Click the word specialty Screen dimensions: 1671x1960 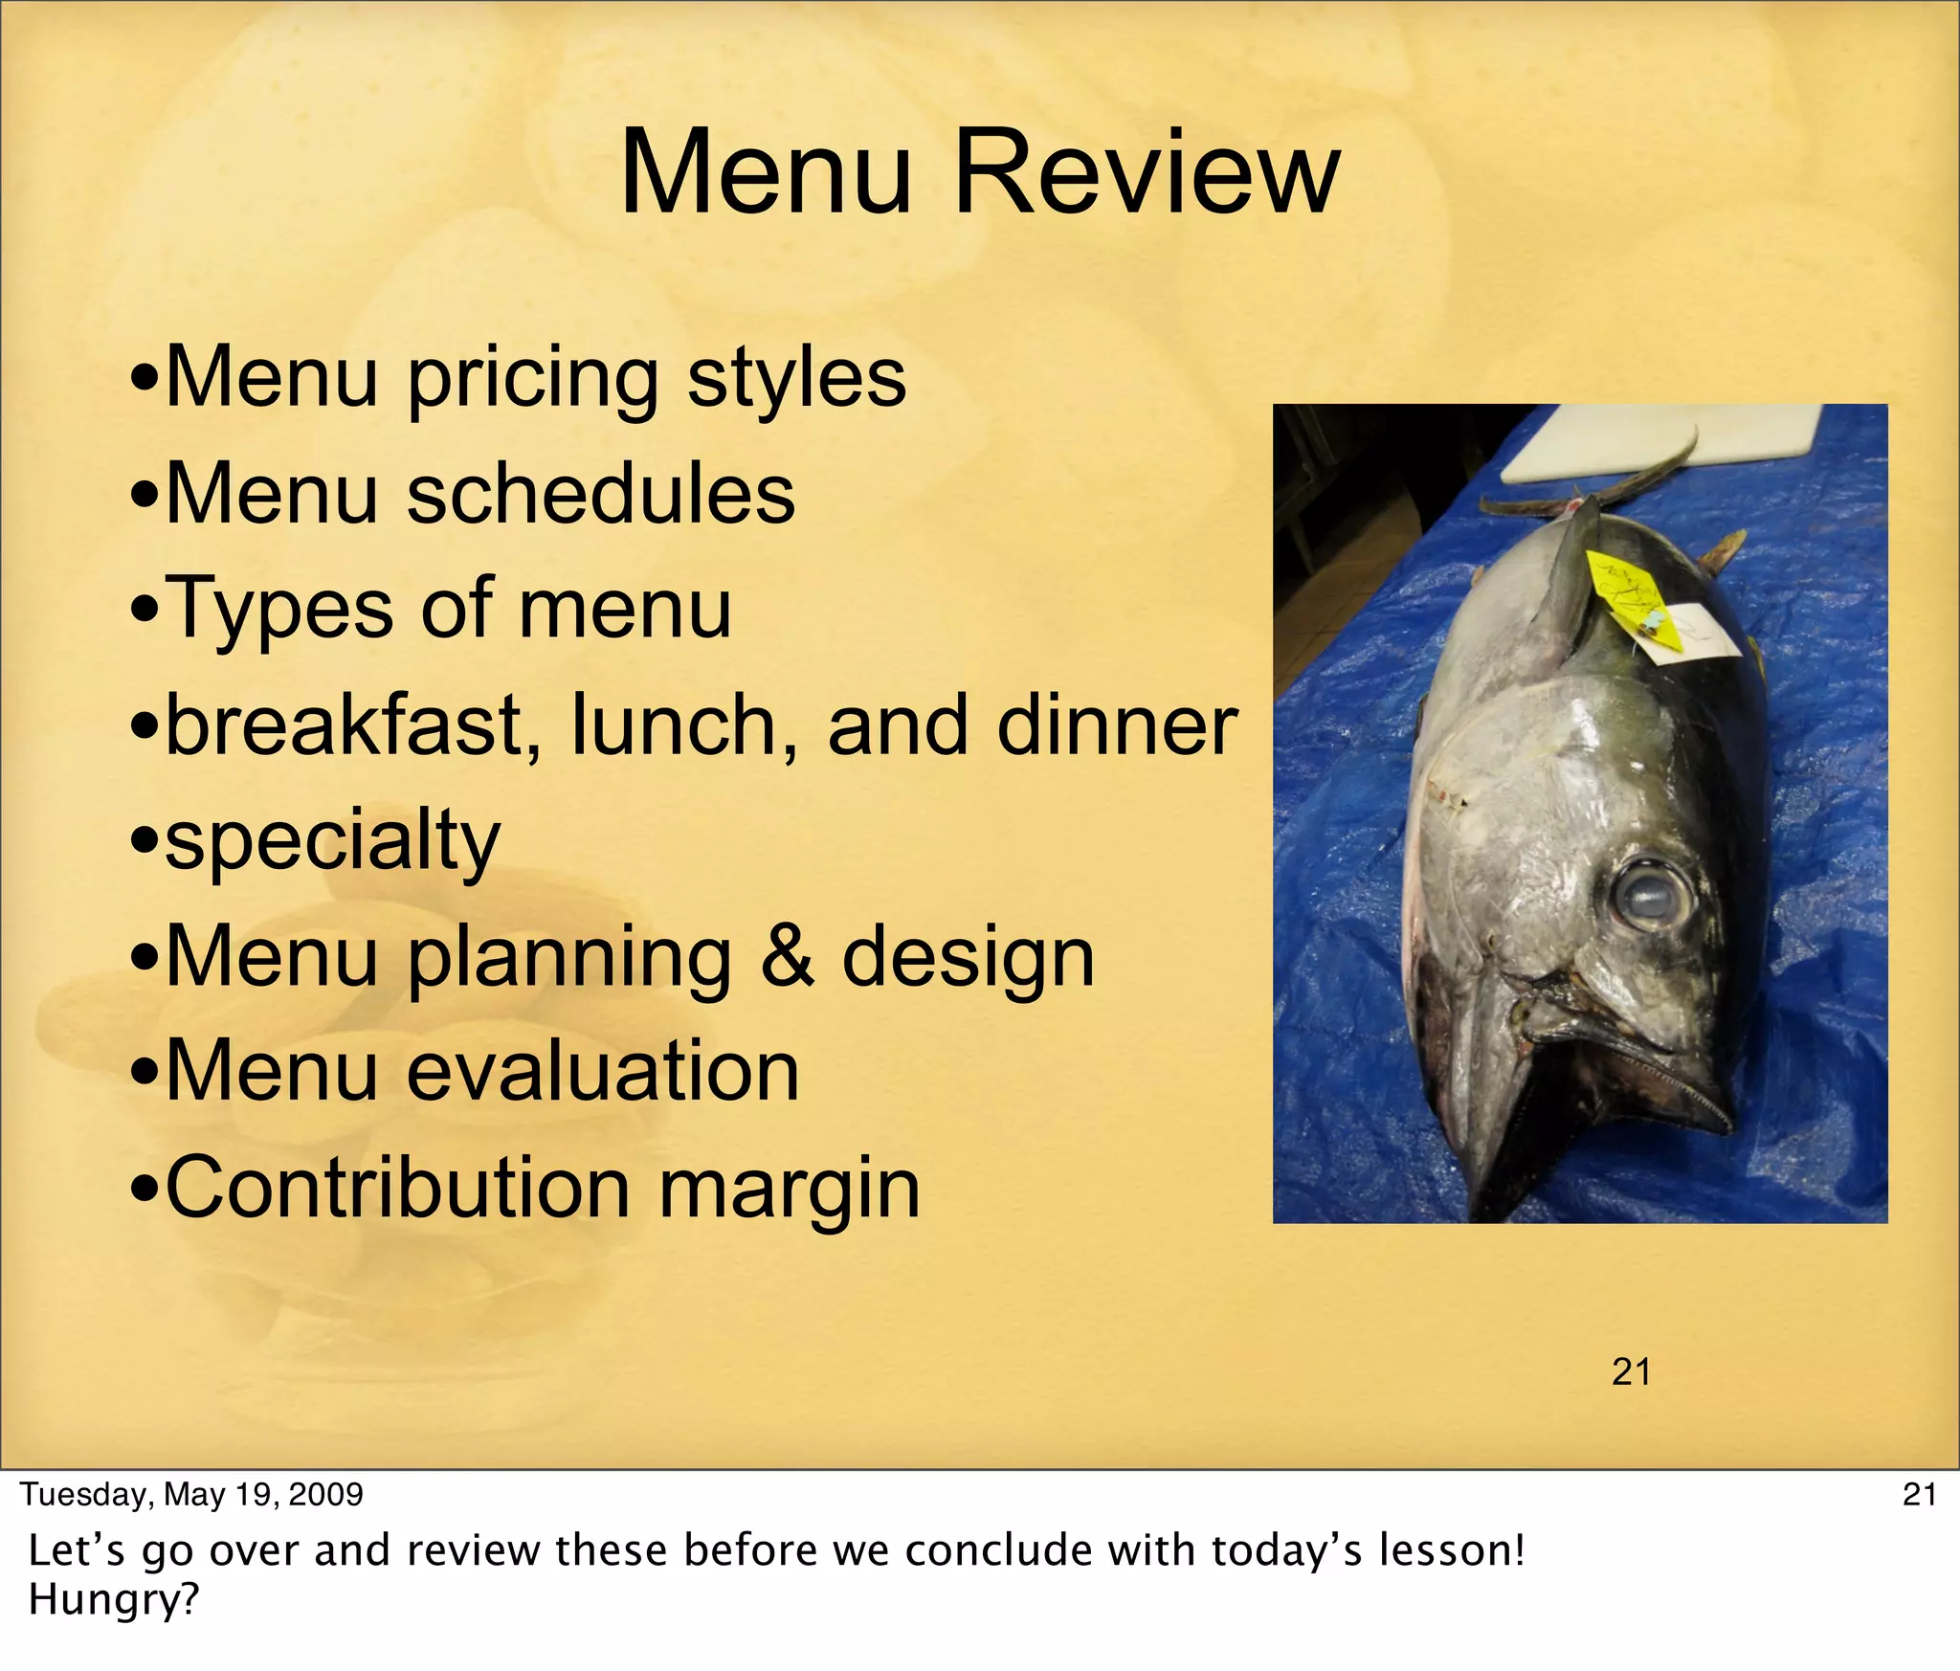pos(332,842)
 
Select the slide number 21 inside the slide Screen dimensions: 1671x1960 pos(1631,1373)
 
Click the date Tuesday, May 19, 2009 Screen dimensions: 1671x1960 pos(191,1494)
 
